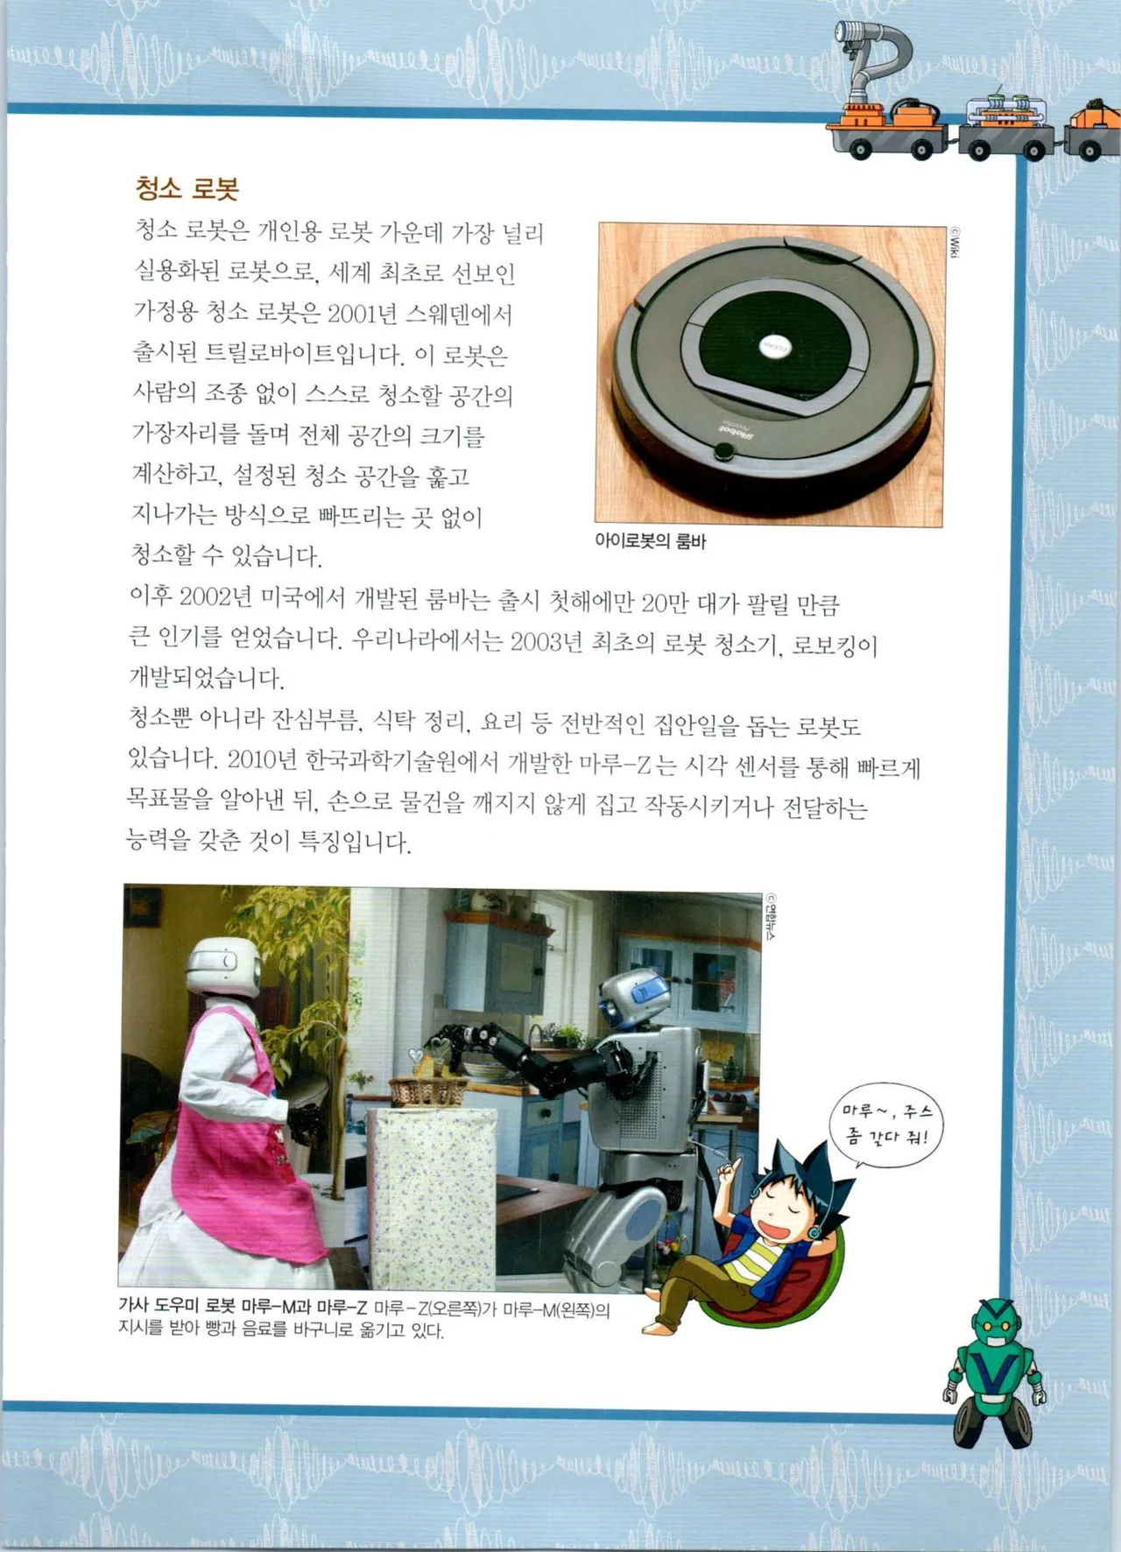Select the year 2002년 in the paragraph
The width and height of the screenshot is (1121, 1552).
215,598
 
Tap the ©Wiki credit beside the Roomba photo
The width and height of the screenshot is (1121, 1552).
955,243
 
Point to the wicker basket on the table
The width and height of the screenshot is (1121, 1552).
427,1090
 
